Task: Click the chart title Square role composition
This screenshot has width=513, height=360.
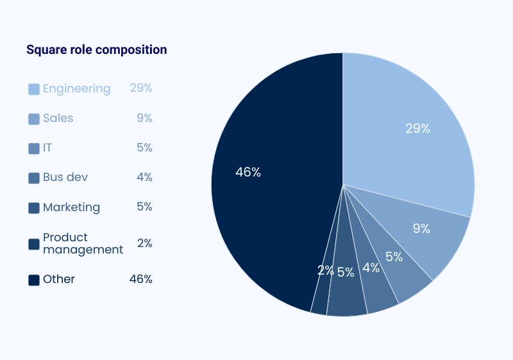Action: tap(96, 49)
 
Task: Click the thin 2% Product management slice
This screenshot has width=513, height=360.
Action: tap(320, 292)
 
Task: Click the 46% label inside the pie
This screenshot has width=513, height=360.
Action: tap(248, 172)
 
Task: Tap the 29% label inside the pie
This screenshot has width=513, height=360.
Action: tap(417, 128)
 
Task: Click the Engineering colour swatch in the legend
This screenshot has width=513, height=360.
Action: tap(34, 89)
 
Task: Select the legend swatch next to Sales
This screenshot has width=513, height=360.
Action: tap(34, 119)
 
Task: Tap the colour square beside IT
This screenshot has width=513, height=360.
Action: tap(34, 148)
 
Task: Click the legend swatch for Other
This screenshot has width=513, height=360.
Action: tap(34, 280)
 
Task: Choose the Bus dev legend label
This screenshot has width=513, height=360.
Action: tap(65, 177)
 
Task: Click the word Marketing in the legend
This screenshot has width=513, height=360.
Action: tap(71, 207)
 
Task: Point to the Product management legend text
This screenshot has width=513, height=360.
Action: tap(83, 243)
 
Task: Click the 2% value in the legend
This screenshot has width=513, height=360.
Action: tap(144, 243)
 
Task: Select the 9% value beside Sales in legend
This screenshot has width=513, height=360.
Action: tap(144, 118)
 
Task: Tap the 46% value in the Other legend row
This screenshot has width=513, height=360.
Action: tap(141, 279)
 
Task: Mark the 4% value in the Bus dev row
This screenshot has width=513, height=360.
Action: tap(144, 177)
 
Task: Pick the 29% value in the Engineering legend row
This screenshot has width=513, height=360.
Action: tap(141, 88)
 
